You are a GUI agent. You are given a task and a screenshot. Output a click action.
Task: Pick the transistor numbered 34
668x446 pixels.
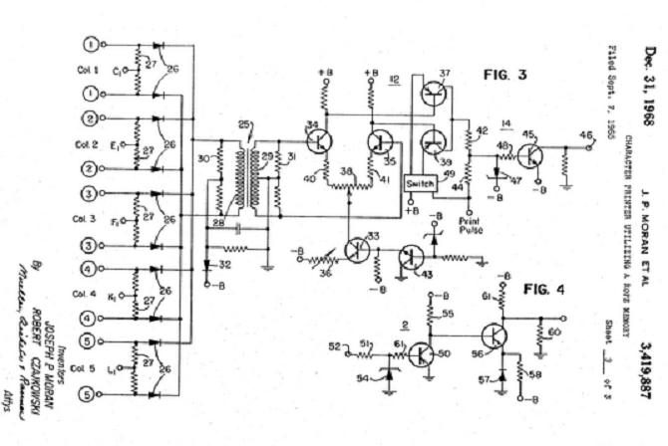318,140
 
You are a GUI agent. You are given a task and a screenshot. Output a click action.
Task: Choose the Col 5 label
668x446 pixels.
89,368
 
